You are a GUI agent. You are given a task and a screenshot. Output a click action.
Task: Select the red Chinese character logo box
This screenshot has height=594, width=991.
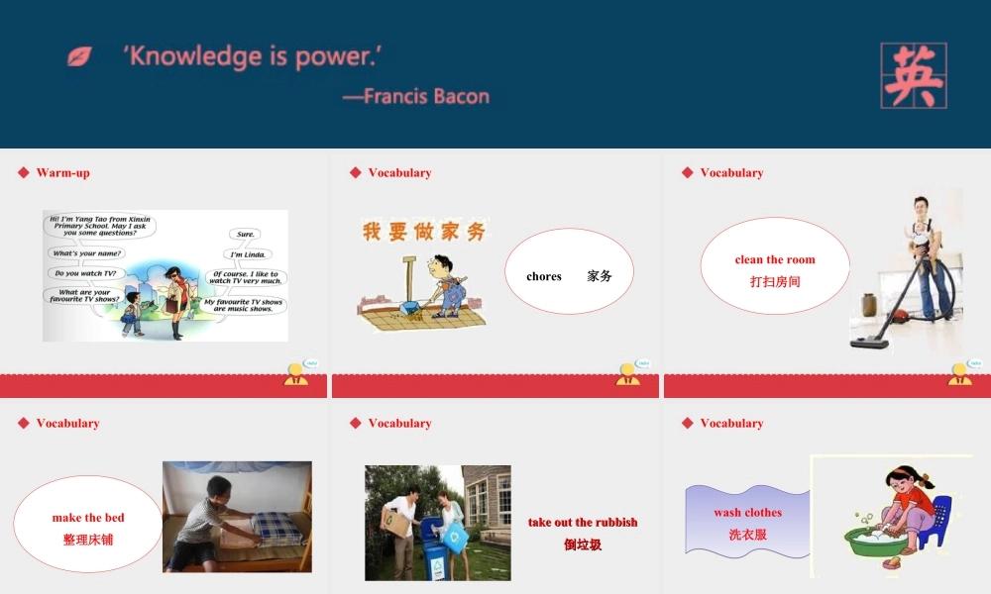click(x=913, y=75)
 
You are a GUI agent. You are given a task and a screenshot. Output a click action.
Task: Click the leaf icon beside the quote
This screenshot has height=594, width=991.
click(x=79, y=56)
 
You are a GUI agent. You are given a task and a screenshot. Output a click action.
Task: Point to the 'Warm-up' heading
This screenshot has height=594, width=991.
click(x=62, y=172)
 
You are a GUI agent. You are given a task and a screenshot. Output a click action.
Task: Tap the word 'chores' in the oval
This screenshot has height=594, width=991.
click(x=544, y=276)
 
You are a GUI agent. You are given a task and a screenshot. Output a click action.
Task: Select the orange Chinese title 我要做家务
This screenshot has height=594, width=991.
click(x=424, y=232)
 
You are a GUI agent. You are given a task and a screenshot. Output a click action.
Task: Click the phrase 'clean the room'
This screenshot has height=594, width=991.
click(x=775, y=259)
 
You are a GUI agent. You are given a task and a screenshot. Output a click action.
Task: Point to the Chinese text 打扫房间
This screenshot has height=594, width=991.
click(x=775, y=281)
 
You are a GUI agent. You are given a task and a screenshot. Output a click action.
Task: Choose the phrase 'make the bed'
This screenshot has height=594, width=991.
click(x=88, y=517)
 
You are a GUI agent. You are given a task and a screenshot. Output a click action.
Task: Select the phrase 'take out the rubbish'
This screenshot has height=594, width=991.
click(x=583, y=522)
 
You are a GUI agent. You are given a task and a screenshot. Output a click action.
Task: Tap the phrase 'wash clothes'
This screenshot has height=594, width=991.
click(x=747, y=512)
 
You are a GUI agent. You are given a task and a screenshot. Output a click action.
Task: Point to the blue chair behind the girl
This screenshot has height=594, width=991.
click(x=938, y=520)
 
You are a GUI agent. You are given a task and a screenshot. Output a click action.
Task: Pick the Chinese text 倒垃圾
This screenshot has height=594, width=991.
click(x=583, y=544)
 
